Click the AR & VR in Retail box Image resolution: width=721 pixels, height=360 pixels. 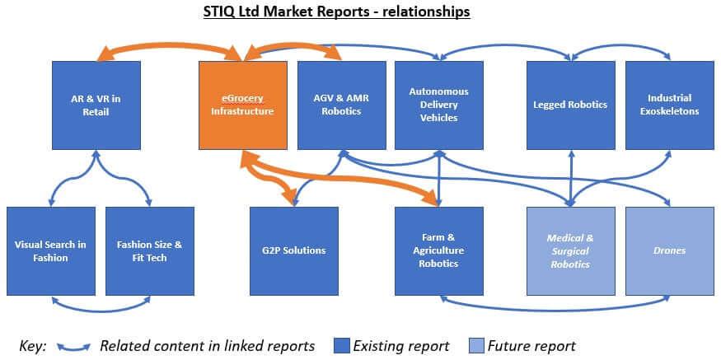coord(96,105)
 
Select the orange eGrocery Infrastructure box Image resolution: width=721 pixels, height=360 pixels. coord(242,105)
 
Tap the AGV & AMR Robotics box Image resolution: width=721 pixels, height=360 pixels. coord(341,105)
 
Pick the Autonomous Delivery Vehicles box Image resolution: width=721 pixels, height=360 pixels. coord(438,105)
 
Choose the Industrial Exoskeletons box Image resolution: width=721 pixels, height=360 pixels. coord(669,105)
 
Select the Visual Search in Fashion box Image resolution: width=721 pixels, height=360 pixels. coord(51,250)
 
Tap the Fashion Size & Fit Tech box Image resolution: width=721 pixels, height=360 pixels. coord(149,250)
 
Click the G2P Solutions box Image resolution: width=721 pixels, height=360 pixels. coord(294,250)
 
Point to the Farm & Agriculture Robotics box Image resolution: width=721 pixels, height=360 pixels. coord(438,250)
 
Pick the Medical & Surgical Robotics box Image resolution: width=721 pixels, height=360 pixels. coord(570,250)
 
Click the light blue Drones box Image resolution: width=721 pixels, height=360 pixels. coord(669,250)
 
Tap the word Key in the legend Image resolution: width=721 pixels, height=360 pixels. coord(32,345)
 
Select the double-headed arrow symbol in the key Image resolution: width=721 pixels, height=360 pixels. coord(73,346)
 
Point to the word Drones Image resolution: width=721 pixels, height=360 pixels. coord(669,250)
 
